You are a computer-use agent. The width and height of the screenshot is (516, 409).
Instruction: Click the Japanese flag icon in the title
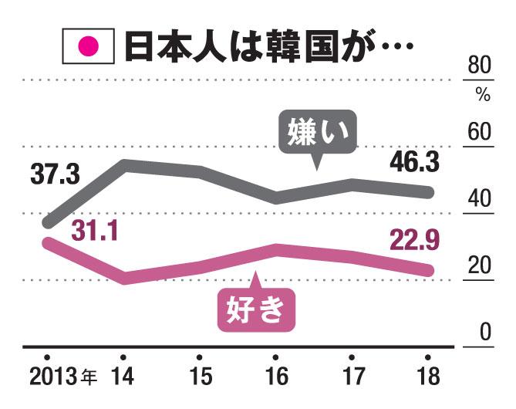point(88,47)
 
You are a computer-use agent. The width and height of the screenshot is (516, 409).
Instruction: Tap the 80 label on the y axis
point(481,67)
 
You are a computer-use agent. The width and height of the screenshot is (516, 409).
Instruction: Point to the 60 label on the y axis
point(481,133)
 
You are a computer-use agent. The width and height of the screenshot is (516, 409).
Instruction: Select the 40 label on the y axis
point(481,199)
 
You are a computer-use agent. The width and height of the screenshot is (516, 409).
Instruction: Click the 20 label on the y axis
point(481,265)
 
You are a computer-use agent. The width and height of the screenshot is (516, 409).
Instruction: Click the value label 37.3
point(56,175)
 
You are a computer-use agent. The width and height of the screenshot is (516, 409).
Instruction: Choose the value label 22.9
point(413,241)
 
